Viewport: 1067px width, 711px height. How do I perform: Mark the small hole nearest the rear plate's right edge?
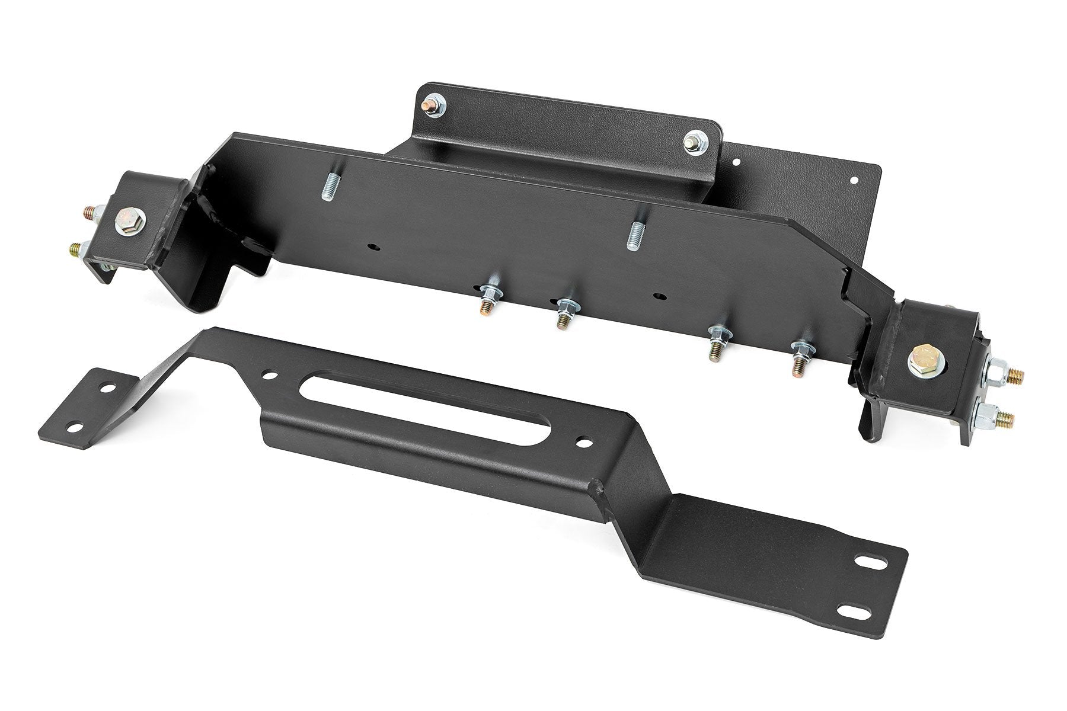[x=854, y=179]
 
